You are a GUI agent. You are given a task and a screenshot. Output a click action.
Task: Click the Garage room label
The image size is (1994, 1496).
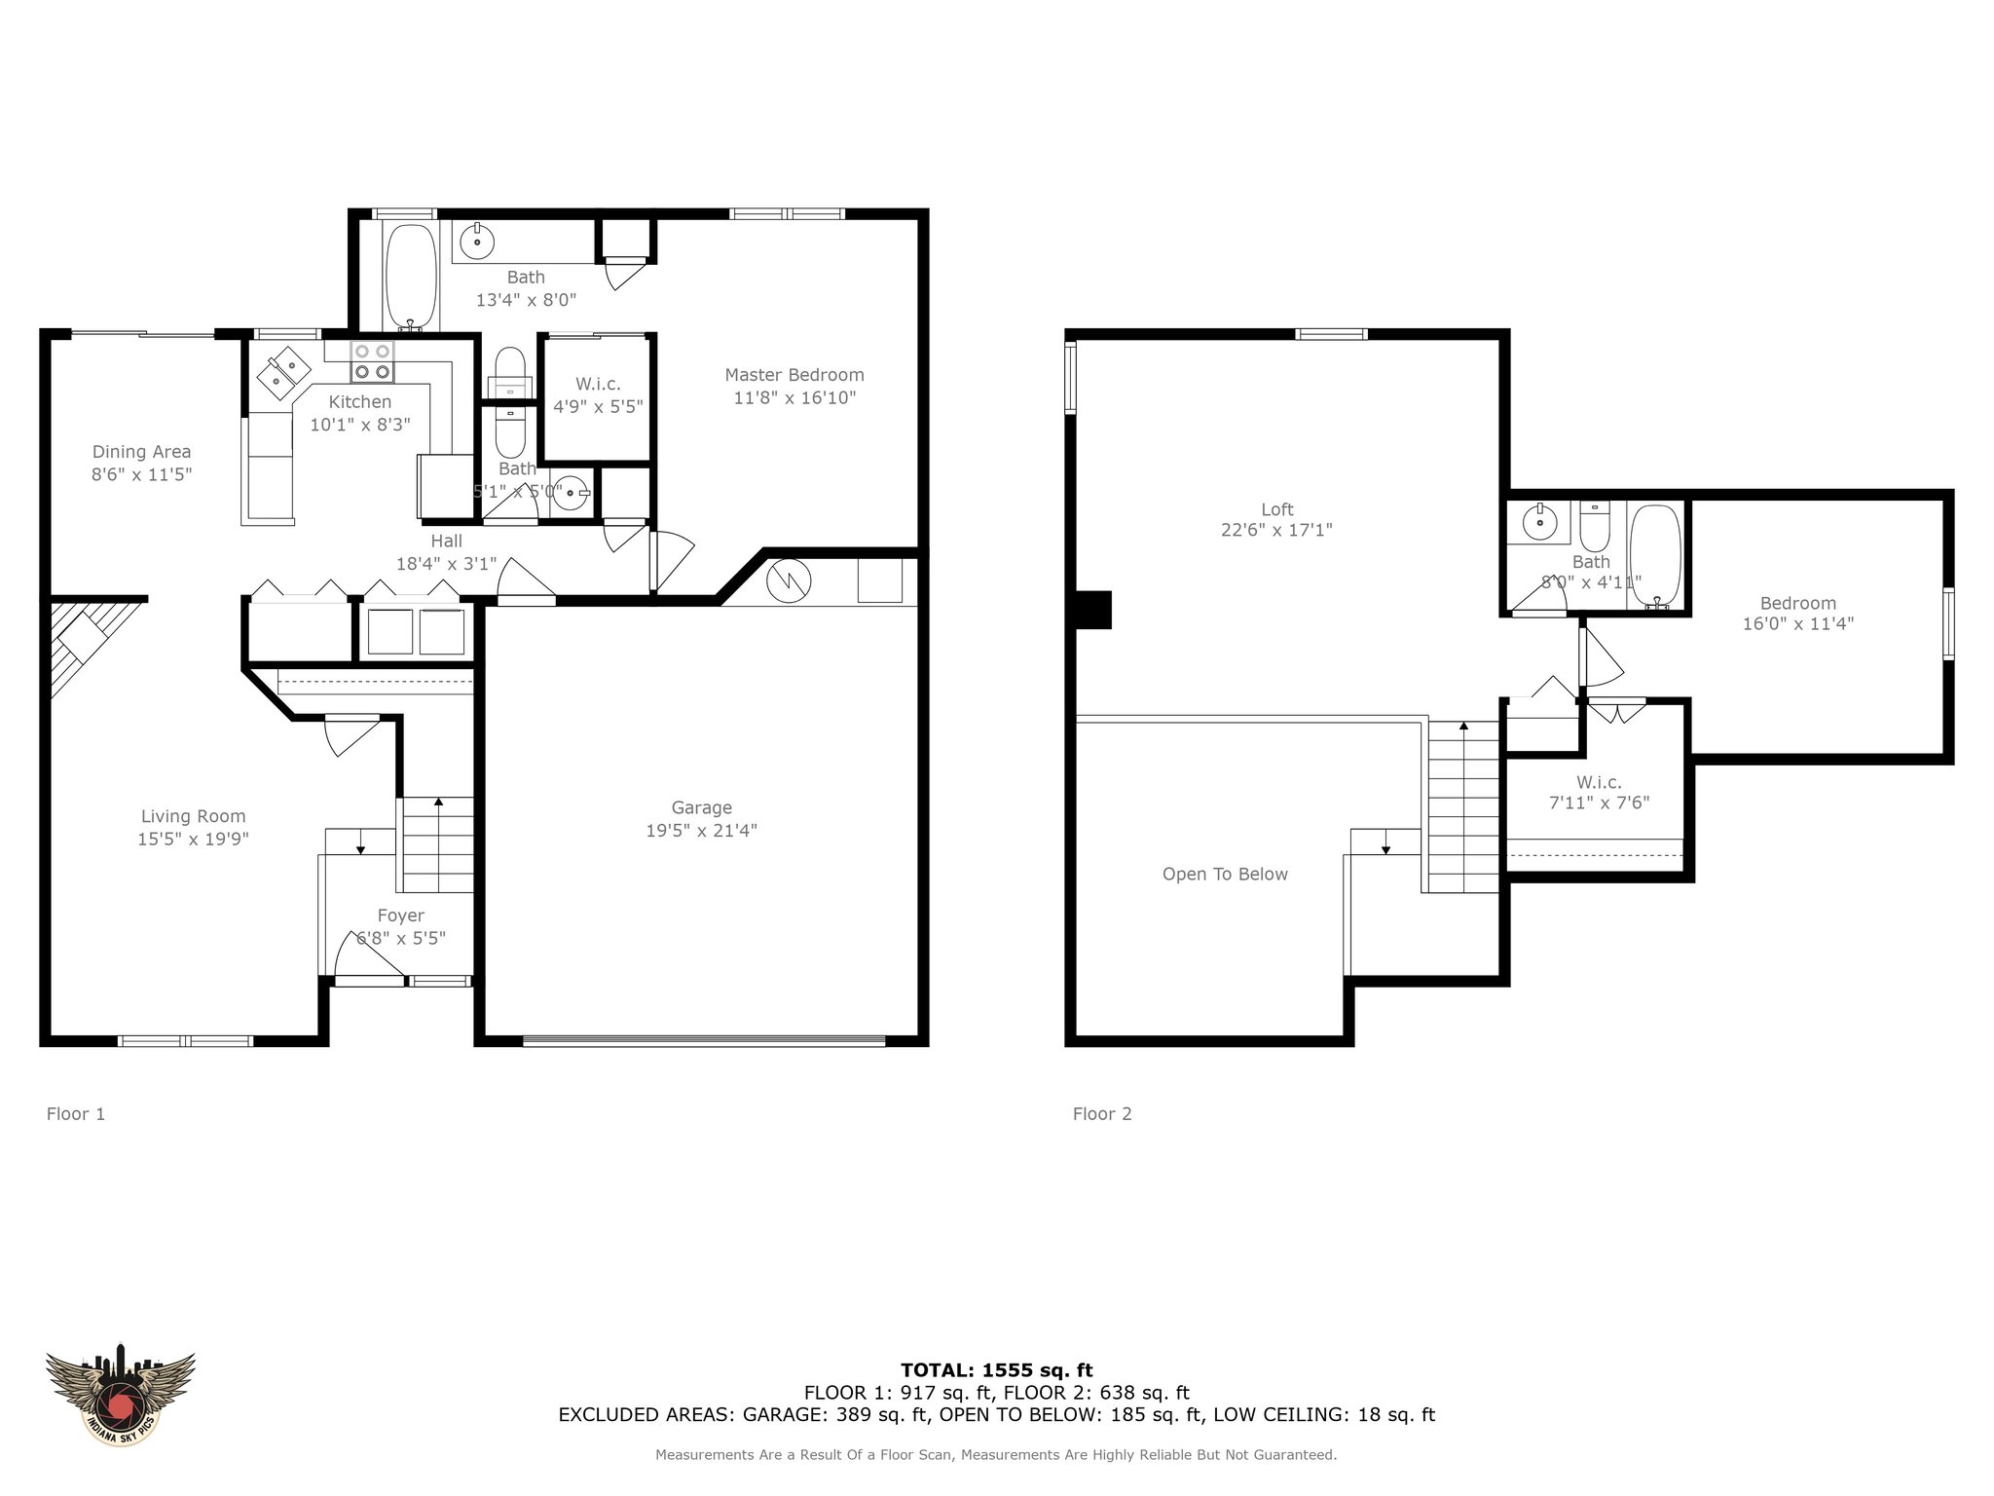click(701, 807)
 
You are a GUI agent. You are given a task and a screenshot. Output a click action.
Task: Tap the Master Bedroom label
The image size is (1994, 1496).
click(794, 375)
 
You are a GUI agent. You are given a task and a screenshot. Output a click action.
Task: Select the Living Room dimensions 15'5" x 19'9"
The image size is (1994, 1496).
click(194, 839)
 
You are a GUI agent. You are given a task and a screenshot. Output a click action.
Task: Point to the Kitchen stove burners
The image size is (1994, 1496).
click(372, 361)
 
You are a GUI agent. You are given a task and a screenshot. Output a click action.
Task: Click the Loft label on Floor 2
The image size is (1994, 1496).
click(1277, 509)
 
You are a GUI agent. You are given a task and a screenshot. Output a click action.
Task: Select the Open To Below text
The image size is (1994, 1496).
click(1225, 875)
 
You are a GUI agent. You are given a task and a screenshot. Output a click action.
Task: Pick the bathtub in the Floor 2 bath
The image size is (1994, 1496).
click(1655, 556)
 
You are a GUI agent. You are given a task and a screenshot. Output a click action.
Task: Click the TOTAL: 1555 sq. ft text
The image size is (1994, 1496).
click(997, 1371)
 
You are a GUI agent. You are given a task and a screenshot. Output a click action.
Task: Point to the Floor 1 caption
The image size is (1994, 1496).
click(76, 1114)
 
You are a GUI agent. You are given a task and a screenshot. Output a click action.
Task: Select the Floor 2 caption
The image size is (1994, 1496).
click(1102, 1114)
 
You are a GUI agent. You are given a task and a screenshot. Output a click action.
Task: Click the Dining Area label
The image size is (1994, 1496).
click(142, 452)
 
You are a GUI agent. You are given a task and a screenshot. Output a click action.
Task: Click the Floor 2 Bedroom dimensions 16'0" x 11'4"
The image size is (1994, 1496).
click(1798, 624)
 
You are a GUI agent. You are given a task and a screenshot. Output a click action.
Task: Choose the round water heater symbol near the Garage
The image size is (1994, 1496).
click(789, 580)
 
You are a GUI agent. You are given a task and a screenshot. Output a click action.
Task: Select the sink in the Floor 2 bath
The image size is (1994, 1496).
click(1539, 523)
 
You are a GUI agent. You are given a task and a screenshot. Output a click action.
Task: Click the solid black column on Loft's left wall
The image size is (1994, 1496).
click(1093, 611)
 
